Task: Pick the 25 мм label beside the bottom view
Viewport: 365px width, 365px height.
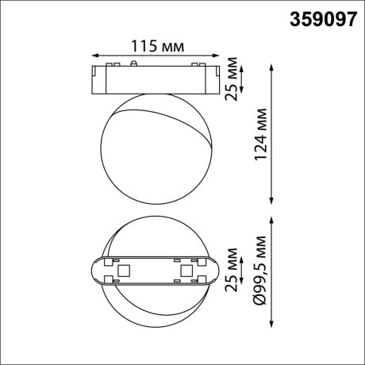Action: (231, 271)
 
